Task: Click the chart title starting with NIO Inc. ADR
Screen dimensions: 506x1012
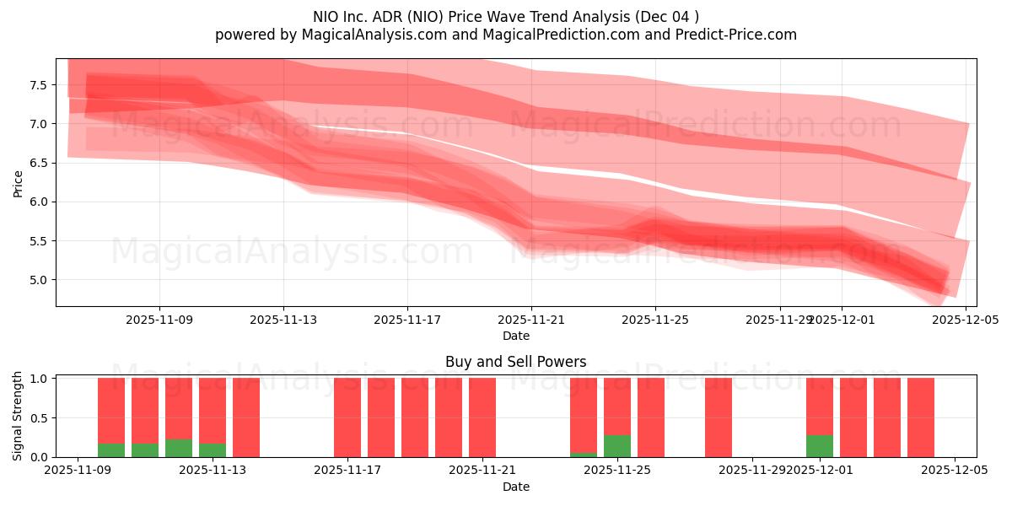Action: coord(505,16)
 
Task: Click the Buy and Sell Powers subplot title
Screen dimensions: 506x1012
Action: coord(515,362)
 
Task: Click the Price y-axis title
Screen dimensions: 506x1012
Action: coord(19,182)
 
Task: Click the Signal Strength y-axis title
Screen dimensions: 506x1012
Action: coord(19,416)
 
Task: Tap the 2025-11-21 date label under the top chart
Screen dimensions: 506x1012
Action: coord(531,320)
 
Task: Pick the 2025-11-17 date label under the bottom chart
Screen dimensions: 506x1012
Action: coord(347,471)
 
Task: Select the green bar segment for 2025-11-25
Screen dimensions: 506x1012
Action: coord(617,446)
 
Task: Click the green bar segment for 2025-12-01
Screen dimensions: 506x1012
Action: coord(820,446)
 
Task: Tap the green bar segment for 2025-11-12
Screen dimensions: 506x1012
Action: coord(179,448)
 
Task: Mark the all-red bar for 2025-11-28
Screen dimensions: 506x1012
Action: coord(719,417)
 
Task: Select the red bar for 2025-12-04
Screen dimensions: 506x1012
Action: coord(921,417)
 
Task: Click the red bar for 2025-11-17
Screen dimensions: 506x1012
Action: coord(347,417)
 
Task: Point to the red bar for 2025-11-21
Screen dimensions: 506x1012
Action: coord(482,417)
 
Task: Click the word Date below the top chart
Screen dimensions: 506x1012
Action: coord(515,336)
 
